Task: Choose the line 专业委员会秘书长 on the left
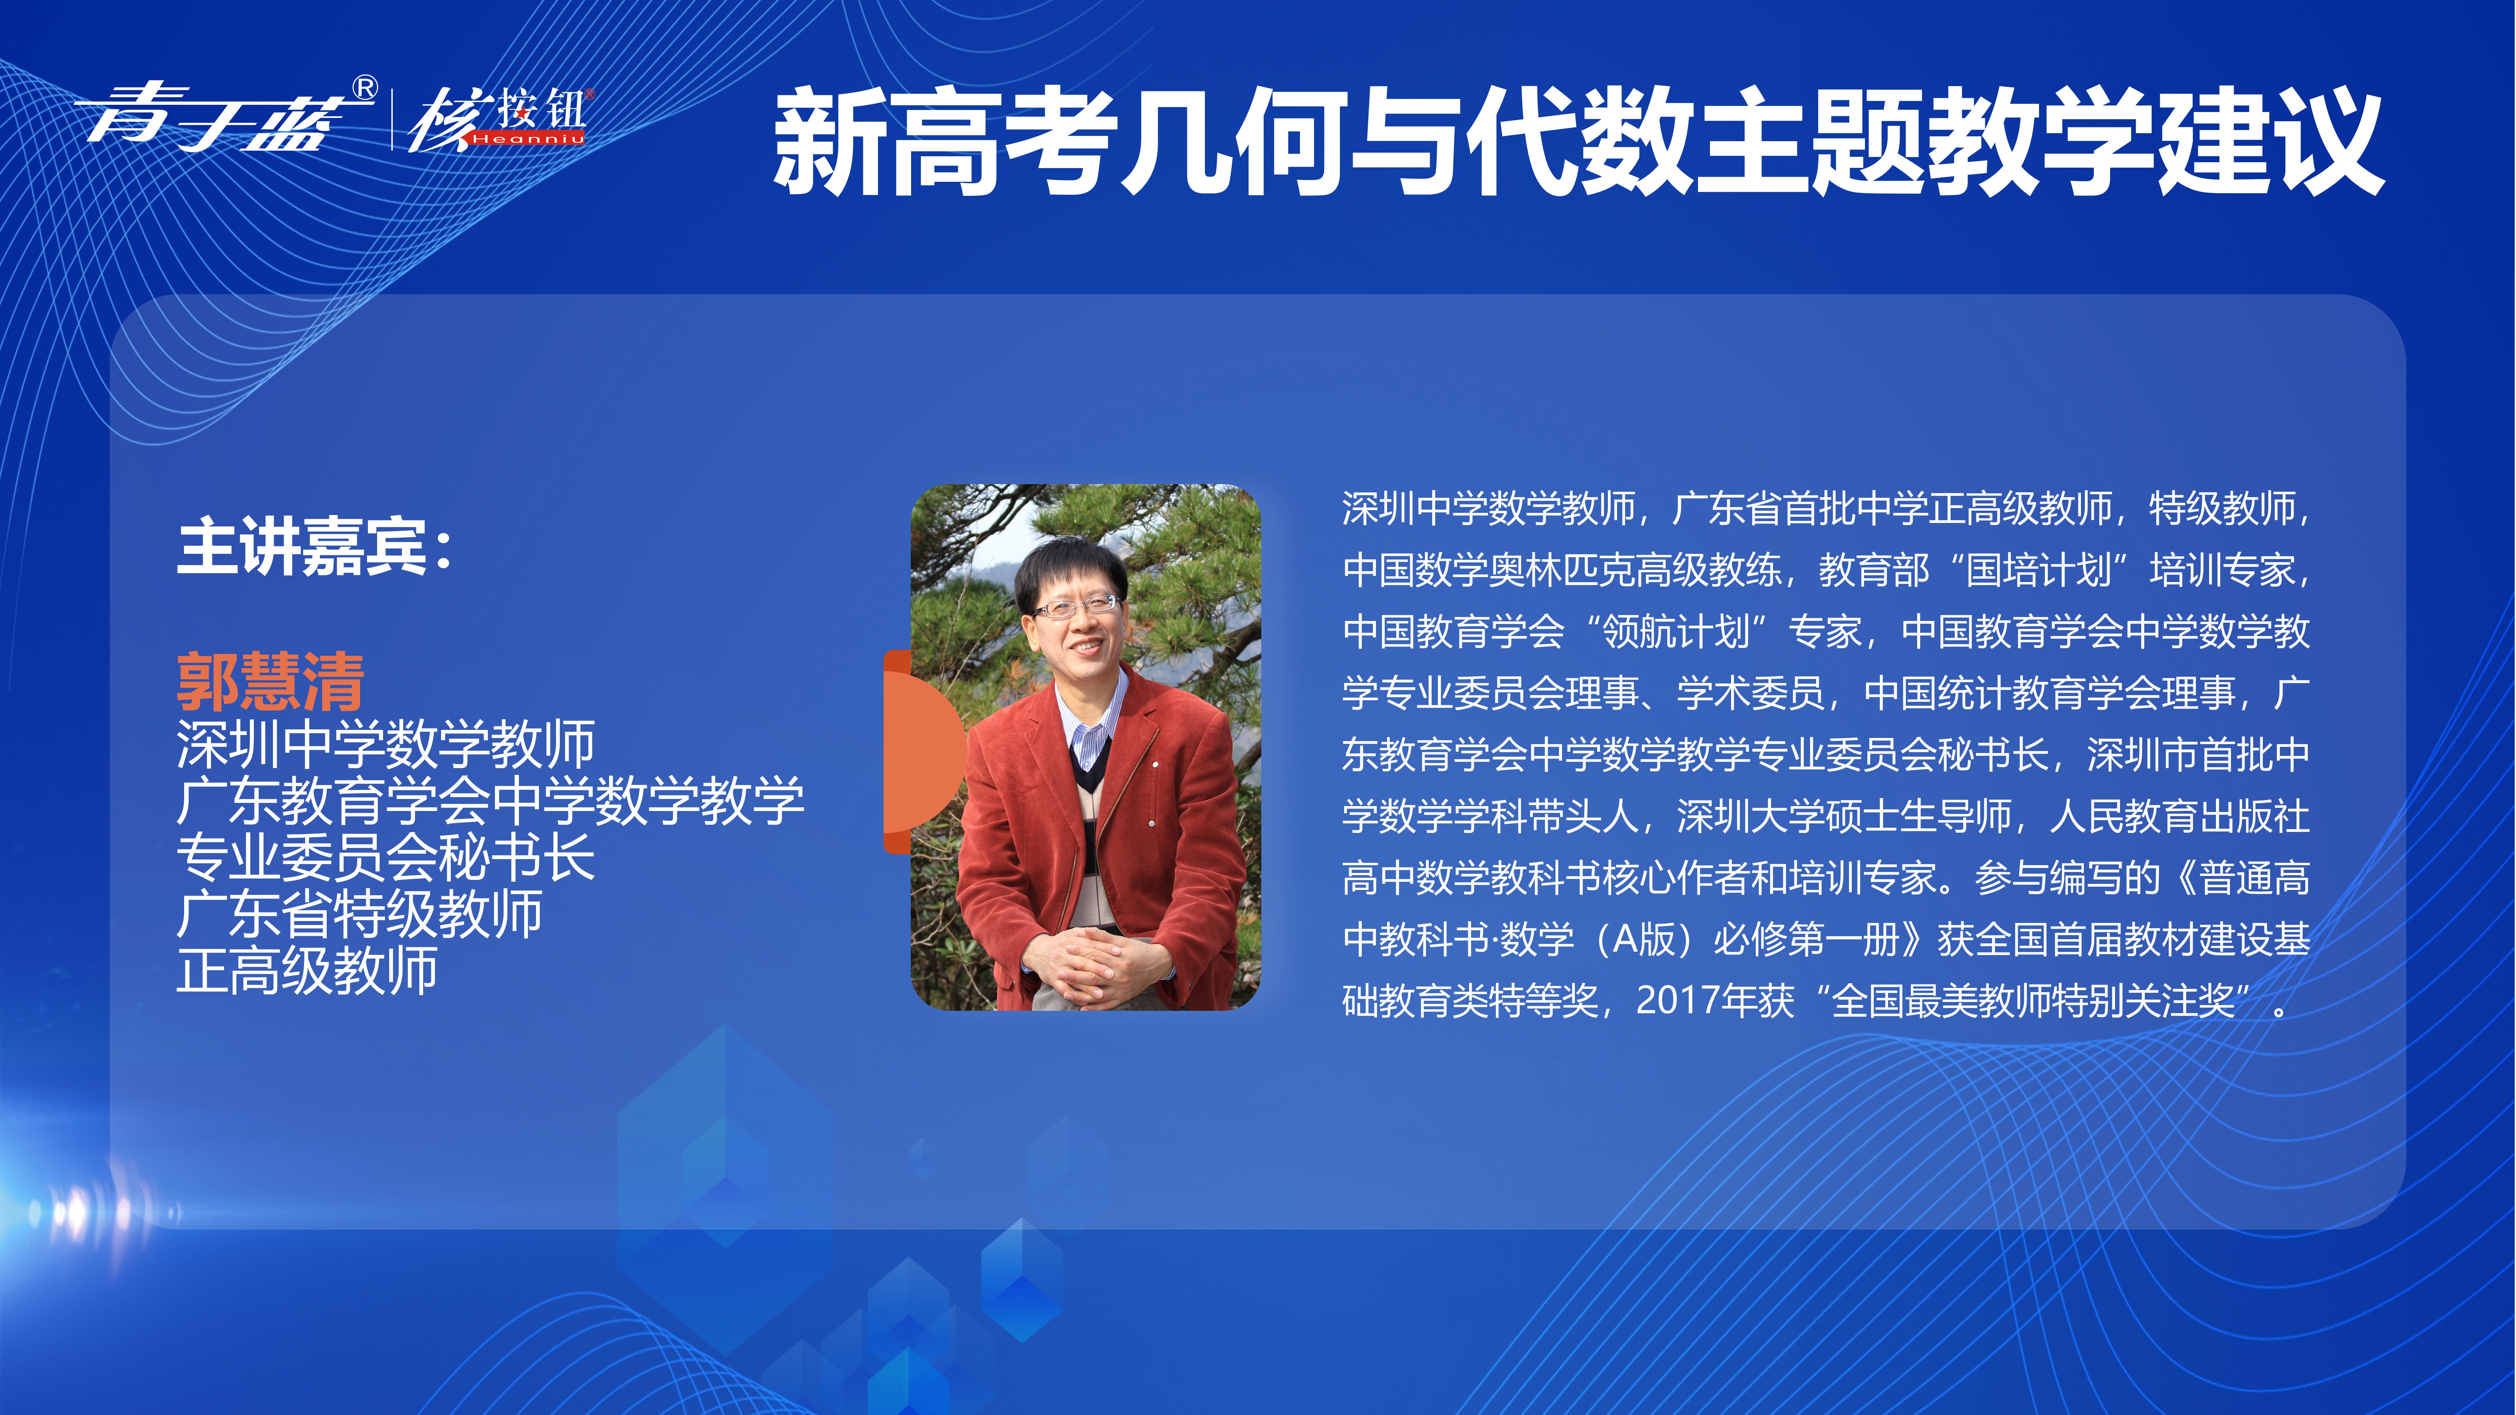coord(386,858)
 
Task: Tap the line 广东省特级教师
coord(359,914)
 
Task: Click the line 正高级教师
coord(307,970)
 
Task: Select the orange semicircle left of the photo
coord(923,752)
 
